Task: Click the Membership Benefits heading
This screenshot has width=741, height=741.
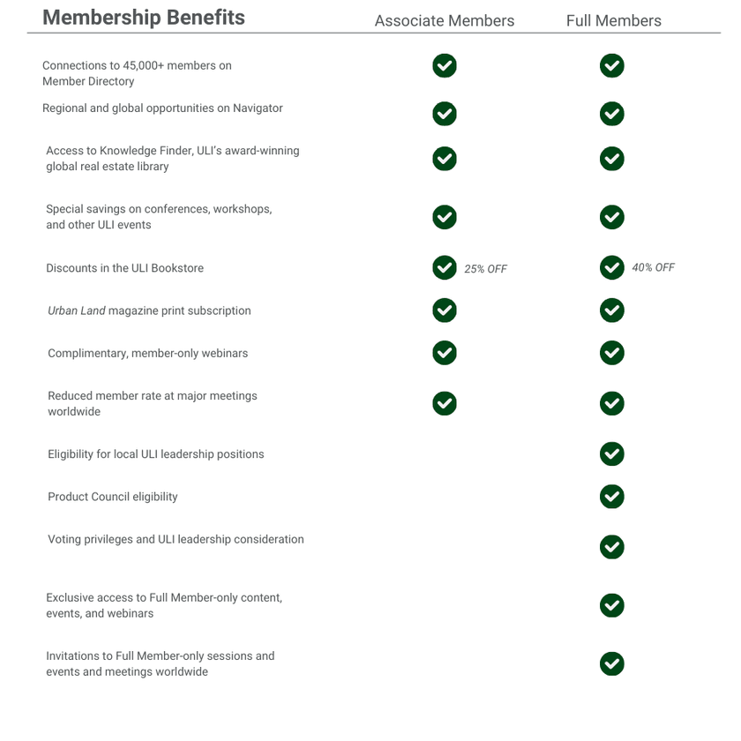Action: point(144,18)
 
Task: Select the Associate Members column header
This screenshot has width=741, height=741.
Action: point(444,20)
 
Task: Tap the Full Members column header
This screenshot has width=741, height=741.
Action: point(613,20)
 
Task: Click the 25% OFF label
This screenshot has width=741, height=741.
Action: point(485,269)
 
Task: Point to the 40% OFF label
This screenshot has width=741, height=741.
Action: point(653,267)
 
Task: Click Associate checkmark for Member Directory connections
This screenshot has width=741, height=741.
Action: point(445,66)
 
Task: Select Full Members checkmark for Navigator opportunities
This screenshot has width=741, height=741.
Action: point(611,114)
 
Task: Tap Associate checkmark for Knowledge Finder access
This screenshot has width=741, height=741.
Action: point(445,159)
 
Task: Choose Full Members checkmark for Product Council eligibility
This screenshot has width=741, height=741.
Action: point(611,497)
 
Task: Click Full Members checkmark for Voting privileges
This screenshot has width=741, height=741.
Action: point(611,547)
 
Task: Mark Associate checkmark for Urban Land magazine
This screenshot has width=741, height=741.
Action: point(445,311)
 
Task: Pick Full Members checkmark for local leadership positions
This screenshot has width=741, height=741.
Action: point(611,454)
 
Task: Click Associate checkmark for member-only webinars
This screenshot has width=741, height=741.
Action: point(445,353)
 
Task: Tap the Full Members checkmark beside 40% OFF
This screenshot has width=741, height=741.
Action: point(611,267)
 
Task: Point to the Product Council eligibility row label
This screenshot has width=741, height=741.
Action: point(113,497)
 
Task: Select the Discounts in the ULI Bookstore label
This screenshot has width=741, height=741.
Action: point(124,268)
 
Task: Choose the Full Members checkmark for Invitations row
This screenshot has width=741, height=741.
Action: point(611,663)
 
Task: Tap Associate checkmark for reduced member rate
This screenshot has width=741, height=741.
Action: point(445,403)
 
